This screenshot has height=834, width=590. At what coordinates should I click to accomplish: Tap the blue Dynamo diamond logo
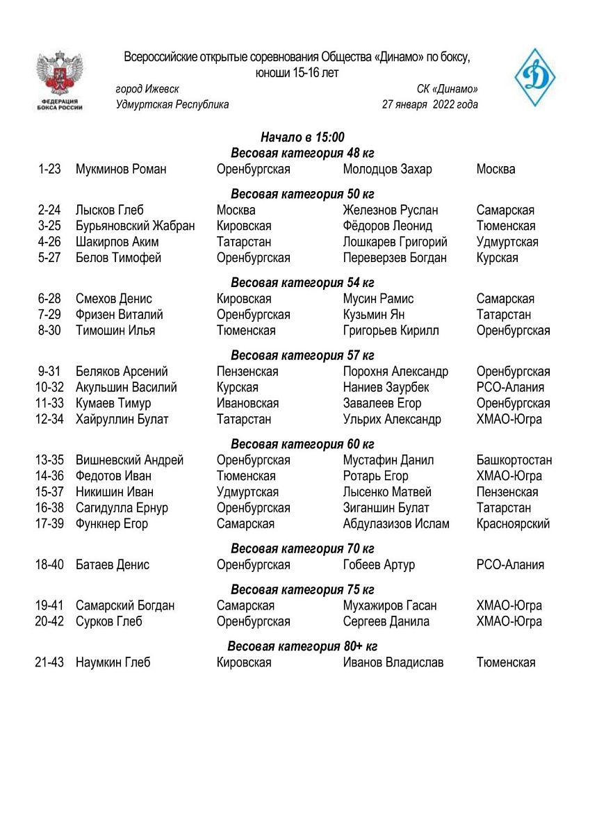click(x=534, y=76)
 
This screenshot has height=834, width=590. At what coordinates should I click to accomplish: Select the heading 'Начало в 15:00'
click(x=302, y=137)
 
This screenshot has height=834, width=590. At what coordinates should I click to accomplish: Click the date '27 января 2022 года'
click(x=429, y=105)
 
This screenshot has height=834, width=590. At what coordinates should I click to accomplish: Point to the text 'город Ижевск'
click(x=147, y=89)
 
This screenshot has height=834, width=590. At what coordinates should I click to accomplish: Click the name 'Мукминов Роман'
click(x=121, y=169)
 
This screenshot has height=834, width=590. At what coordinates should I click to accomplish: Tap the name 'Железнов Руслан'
click(x=391, y=210)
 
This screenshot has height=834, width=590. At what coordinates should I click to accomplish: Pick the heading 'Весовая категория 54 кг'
click(x=302, y=282)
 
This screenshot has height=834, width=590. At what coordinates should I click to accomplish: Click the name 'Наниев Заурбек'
click(x=386, y=387)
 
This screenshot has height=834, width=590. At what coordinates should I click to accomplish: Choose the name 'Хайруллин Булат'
click(x=122, y=419)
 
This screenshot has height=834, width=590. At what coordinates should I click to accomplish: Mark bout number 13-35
click(x=49, y=460)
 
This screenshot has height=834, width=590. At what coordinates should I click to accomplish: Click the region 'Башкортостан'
click(x=514, y=460)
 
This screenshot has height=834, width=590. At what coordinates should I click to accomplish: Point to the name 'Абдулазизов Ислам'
click(x=396, y=523)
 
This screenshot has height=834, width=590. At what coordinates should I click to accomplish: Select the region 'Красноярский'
click(x=513, y=523)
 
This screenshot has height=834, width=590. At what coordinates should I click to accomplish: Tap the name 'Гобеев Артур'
click(x=379, y=564)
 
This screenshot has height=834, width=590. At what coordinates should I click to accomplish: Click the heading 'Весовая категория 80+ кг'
click(x=302, y=646)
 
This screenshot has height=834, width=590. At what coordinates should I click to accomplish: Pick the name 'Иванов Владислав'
click(x=393, y=662)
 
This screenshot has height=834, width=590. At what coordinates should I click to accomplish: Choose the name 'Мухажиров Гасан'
click(x=390, y=605)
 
